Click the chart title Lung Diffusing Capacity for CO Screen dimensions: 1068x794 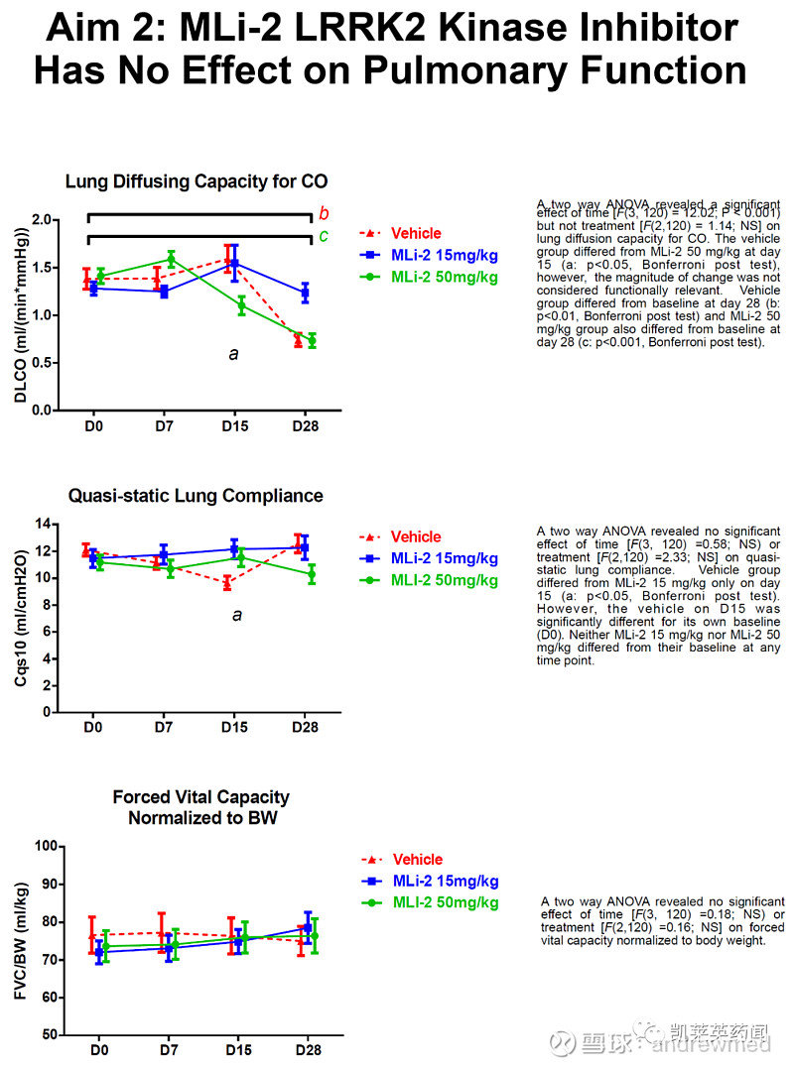(x=197, y=181)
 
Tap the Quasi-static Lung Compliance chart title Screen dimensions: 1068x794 (x=196, y=496)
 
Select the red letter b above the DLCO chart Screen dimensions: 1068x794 (x=324, y=213)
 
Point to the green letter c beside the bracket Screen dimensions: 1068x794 (x=324, y=236)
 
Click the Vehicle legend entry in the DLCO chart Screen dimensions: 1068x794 (x=416, y=234)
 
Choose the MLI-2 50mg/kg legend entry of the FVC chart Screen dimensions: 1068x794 (x=446, y=902)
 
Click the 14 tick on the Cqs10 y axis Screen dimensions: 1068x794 (x=41, y=524)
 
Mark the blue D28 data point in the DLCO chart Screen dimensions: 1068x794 (x=305, y=292)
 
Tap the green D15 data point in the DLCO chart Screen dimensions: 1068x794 (x=234, y=305)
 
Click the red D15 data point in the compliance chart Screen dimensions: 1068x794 (x=228, y=583)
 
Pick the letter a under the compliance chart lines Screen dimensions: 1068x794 (x=236, y=615)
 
